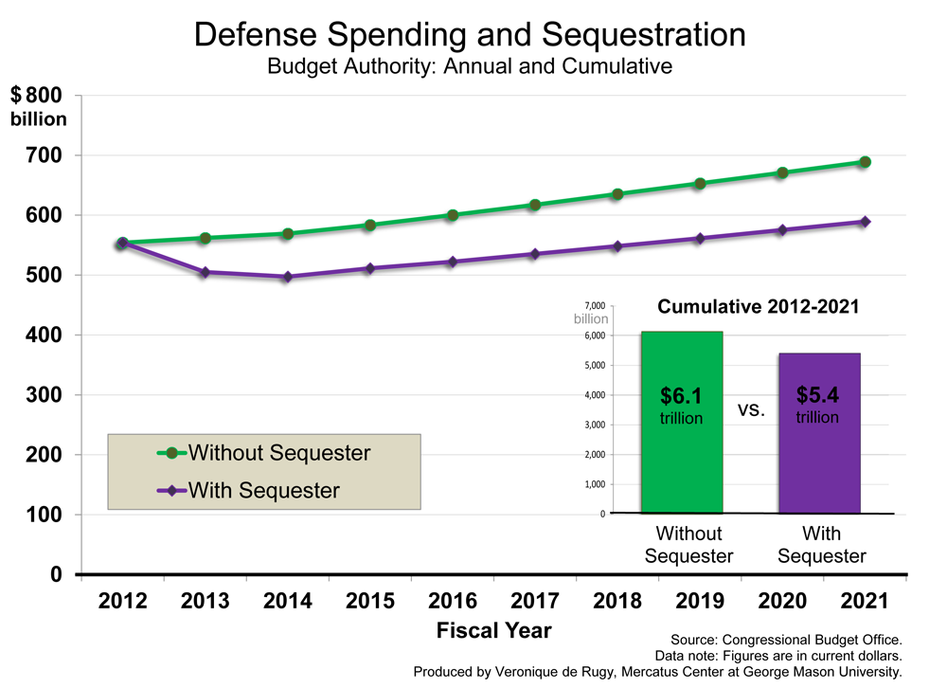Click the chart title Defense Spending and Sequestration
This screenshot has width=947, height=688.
pyautogui.click(x=470, y=35)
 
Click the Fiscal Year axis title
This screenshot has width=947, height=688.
pyautogui.click(x=493, y=630)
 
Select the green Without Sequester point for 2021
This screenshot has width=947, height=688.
pyautogui.click(x=865, y=162)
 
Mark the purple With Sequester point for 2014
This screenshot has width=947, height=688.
pyautogui.click(x=288, y=277)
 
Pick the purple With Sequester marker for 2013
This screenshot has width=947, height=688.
pyautogui.click(x=205, y=272)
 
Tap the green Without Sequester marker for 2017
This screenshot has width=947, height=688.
pyautogui.click(x=535, y=205)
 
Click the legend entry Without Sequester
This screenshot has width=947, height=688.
pyautogui.click(x=278, y=452)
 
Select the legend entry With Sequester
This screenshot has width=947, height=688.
pyautogui.click(x=263, y=490)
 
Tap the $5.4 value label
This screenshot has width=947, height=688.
pyautogui.click(x=818, y=396)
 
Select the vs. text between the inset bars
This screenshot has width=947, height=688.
pyautogui.click(x=750, y=411)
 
